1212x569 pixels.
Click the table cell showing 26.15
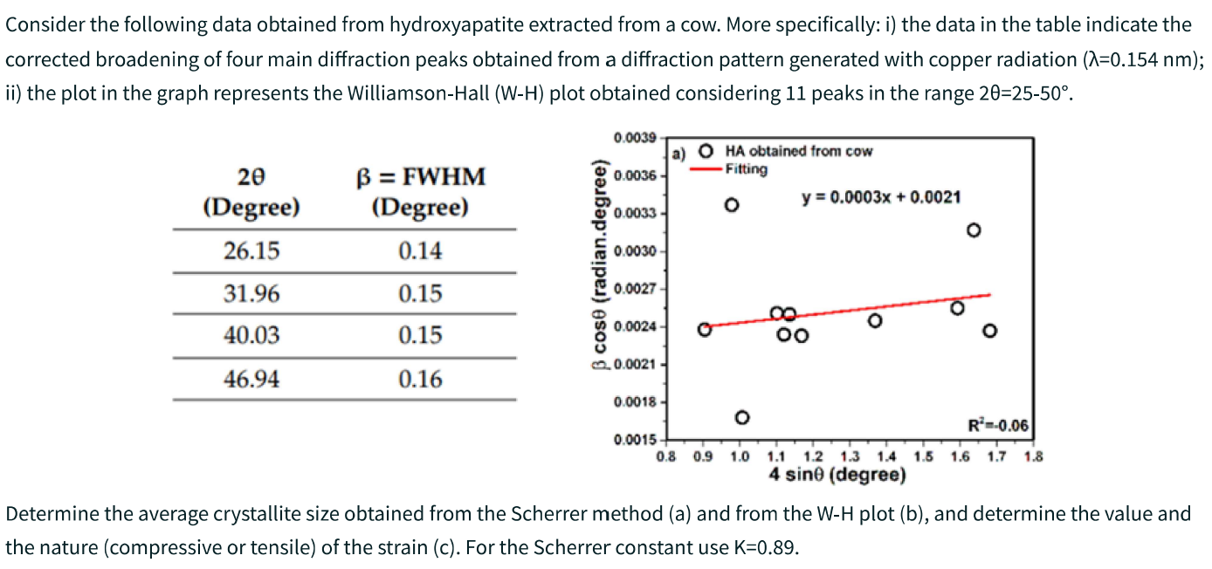point(251,251)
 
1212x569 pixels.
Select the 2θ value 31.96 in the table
point(251,293)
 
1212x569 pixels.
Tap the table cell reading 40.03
point(251,335)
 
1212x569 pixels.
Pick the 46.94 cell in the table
point(251,379)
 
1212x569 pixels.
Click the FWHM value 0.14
point(420,251)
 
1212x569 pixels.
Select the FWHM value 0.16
point(420,379)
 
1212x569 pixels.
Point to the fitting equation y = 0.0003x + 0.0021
point(881,197)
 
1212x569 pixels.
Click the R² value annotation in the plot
point(999,427)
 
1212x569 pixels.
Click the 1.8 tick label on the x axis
point(1033,456)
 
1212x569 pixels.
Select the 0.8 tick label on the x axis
point(666,456)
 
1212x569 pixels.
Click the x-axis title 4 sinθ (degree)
point(837,475)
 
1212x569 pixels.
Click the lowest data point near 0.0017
point(742,417)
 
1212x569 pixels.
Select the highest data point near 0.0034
point(732,205)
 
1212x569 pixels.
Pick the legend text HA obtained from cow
point(798,152)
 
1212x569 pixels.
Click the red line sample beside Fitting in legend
point(705,168)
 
